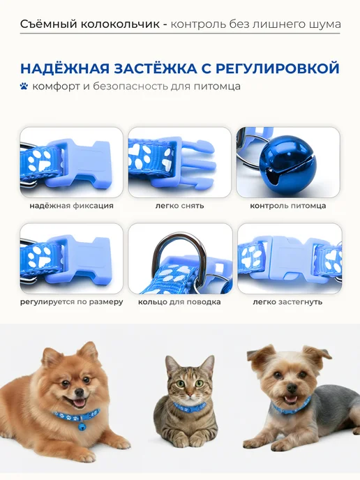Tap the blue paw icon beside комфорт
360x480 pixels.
24,86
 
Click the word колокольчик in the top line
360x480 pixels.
120,24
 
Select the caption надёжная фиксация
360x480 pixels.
71,206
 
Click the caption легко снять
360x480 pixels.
180,206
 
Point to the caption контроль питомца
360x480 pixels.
288,206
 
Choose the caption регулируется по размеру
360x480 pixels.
72,302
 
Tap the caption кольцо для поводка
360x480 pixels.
179,302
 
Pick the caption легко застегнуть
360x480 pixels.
287,302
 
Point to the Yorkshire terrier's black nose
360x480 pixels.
292,388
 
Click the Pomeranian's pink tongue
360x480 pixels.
80,403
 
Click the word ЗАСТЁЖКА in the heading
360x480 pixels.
156,68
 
